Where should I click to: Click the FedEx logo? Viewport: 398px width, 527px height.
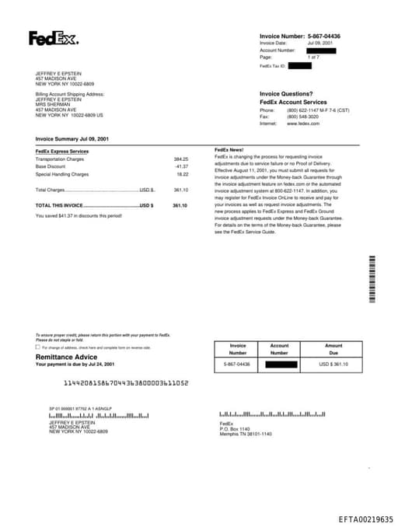(53, 38)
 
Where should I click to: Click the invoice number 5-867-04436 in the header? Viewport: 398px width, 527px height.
(324, 36)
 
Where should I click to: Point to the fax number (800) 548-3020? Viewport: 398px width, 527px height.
(302, 117)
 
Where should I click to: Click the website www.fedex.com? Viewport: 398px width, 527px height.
(303, 124)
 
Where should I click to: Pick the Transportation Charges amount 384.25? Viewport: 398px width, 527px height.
(180, 159)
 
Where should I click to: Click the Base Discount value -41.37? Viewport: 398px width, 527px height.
(181, 166)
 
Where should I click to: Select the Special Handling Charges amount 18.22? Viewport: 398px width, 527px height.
(182, 174)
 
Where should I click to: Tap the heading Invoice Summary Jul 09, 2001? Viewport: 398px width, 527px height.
(72, 138)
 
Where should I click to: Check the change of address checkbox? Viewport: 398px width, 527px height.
(38, 347)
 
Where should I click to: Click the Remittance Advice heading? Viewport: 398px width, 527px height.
(67, 357)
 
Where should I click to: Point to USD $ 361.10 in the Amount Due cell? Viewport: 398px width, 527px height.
(333, 364)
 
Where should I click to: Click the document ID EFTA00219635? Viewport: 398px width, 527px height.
(365, 518)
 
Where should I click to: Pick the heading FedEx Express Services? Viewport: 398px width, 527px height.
(62, 151)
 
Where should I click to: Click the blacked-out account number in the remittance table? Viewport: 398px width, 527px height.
(279, 364)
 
